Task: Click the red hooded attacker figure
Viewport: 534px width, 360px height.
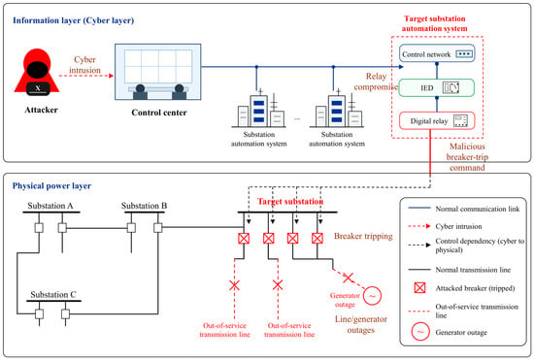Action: pos(37,72)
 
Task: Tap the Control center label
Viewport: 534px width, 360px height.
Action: pos(159,113)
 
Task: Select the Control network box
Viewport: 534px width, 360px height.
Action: pos(437,53)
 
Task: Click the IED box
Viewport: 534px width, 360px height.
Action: pos(437,87)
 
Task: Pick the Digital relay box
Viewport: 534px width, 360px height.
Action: pos(437,120)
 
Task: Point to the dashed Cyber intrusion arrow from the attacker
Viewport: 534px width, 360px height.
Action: pos(86,76)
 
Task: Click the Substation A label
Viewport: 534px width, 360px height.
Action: pos(50,206)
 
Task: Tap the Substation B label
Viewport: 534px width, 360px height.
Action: pos(144,206)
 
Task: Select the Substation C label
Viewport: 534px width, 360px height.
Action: pos(53,295)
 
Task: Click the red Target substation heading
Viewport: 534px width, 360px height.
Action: pos(290,202)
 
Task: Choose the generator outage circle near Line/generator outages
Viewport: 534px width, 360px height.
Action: pos(372,296)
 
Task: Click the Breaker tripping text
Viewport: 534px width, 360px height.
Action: pos(363,236)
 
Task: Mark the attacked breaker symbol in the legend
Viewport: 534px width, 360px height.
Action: pos(419,288)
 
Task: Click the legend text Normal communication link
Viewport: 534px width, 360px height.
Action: pos(478,209)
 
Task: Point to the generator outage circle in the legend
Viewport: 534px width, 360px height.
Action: pos(420,332)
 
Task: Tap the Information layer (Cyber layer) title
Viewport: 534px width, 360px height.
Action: pos(73,20)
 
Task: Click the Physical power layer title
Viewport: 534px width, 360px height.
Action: pos(51,185)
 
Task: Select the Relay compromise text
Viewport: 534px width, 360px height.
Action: pos(376,82)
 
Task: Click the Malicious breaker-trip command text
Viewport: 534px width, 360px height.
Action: pos(467,157)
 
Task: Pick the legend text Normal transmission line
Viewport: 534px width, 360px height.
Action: pos(473,270)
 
